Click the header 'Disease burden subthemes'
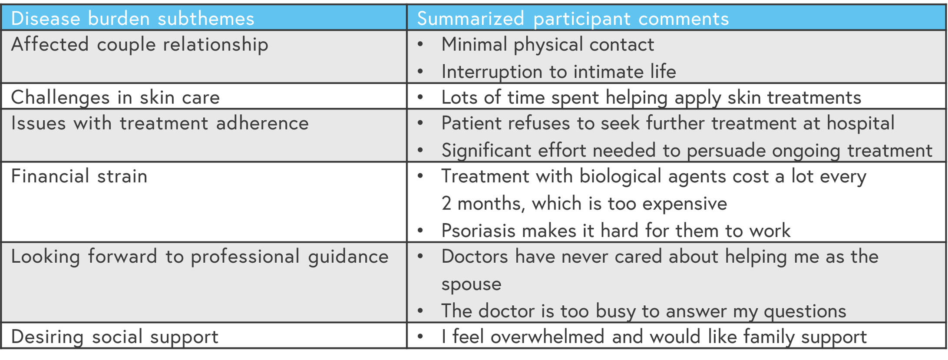[132, 19]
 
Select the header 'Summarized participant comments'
[573, 19]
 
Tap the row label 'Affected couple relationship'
[139, 45]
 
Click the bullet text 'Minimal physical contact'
[548, 45]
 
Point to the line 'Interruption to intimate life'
[558, 72]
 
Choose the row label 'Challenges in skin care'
[115, 97]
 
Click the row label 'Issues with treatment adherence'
[160, 123]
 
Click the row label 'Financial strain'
[79, 176]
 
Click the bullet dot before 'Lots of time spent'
[420, 97]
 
